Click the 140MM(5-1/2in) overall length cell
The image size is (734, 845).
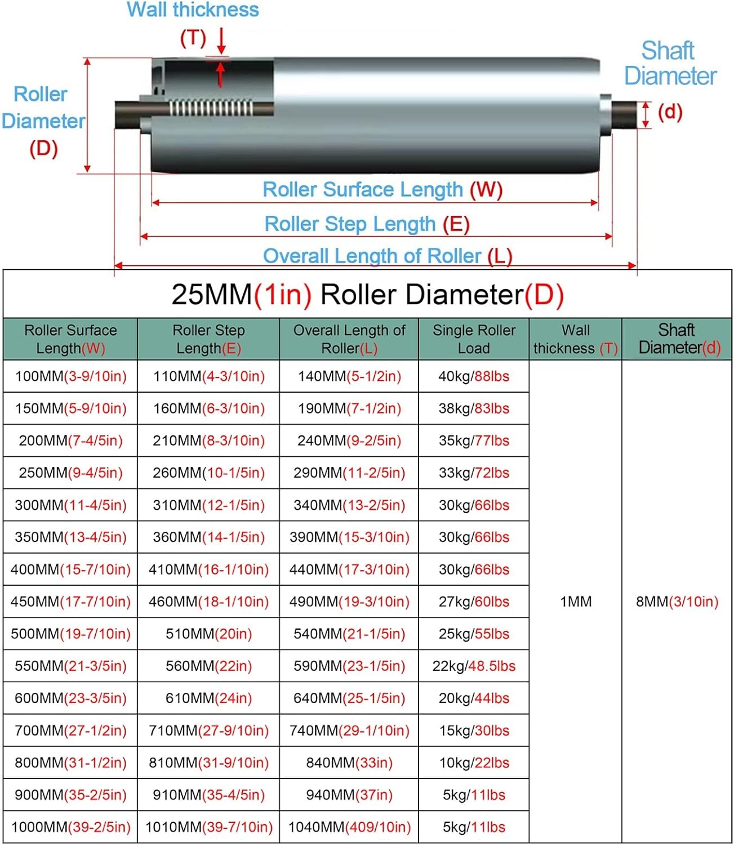tap(349, 376)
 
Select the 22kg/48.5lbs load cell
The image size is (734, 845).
tap(474, 666)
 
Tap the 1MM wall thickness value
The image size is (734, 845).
tap(576, 602)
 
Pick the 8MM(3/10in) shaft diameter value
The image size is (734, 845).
tap(677, 602)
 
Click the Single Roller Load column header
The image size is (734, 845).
tap(474, 339)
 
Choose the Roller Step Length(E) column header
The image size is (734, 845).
tap(208, 339)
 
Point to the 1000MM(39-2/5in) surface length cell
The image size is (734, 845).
tap(70, 827)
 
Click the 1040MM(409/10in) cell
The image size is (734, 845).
tap(349, 827)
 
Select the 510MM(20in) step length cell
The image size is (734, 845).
tap(208, 634)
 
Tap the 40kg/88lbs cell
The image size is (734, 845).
tap(474, 376)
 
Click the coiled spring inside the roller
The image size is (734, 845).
tap(211, 108)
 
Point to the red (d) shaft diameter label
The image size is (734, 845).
tap(670, 112)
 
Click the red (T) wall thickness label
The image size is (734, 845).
tap(193, 38)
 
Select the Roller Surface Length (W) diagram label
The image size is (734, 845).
tap(382, 190)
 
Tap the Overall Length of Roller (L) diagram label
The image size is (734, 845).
tap(388, 256)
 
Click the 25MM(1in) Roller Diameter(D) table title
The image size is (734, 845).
tap(367, 295)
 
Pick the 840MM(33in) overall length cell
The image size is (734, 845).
tap(349, 763)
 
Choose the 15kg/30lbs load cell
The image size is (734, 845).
tap(474, 731)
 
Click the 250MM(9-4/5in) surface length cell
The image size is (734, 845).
tap(70, 473)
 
